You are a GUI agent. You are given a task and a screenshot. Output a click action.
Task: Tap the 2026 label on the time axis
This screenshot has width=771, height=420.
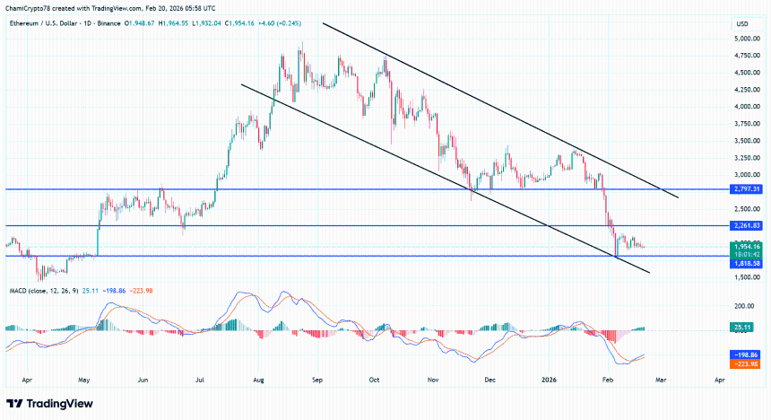pyautogui.click(x=550, y=380)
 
